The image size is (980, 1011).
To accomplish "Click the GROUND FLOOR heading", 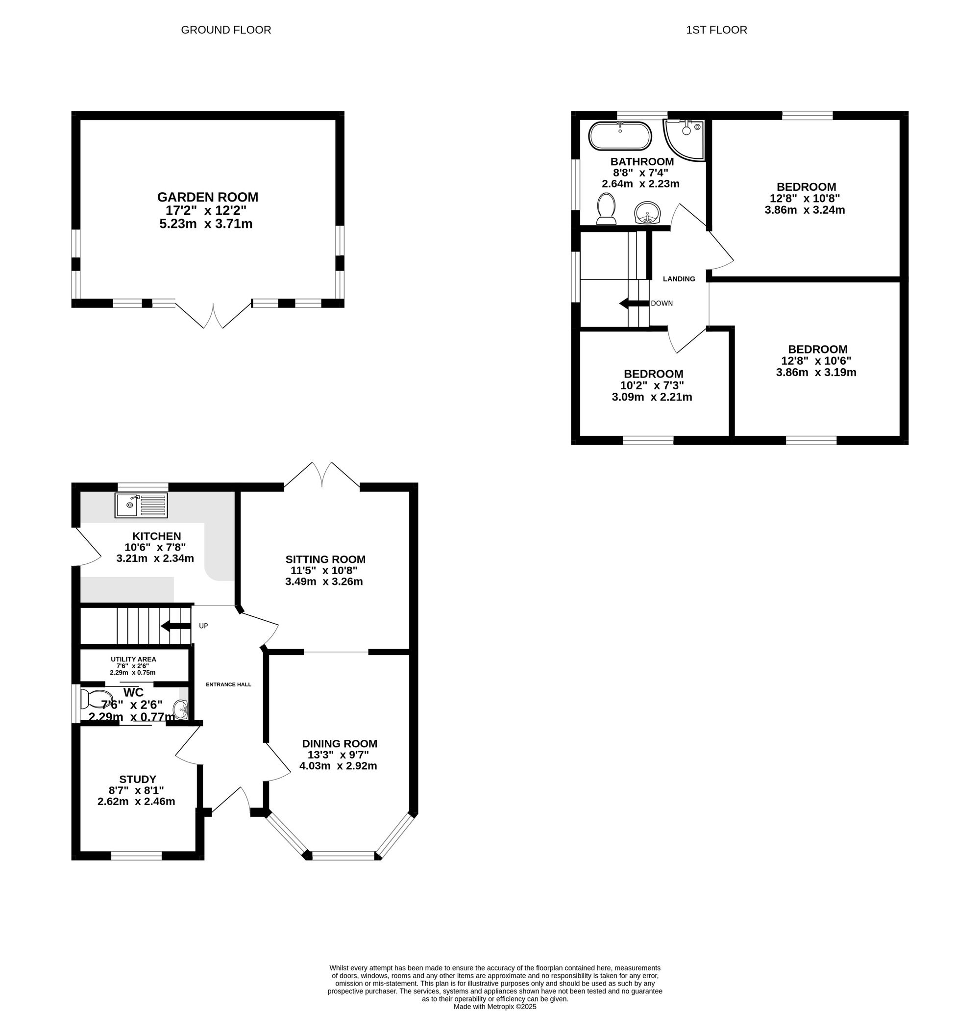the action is tap(226, 30).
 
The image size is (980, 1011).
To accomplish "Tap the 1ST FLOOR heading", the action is tap(716, 30).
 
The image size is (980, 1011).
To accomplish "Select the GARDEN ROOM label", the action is tap(207, 197).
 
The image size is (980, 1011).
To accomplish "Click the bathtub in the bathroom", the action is tap(620, 136).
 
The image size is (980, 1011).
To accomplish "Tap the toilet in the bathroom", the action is tap(606, 209).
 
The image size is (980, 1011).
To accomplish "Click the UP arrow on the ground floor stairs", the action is tap(176, 626).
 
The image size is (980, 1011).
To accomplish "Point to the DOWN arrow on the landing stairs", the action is tap(634, 303).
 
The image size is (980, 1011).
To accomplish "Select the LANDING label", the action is tap(679, 279).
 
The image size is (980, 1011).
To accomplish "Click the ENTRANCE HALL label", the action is tap(228, 684).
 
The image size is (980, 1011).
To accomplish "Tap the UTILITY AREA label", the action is tap(133, 659).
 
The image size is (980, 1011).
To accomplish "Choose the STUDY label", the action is tap(138, 780).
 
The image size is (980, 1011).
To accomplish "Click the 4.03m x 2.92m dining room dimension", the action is tap(338, 766).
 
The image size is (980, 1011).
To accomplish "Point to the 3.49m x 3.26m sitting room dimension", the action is tap(324, 582).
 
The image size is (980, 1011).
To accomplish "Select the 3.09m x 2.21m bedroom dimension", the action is tap(652, 397).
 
